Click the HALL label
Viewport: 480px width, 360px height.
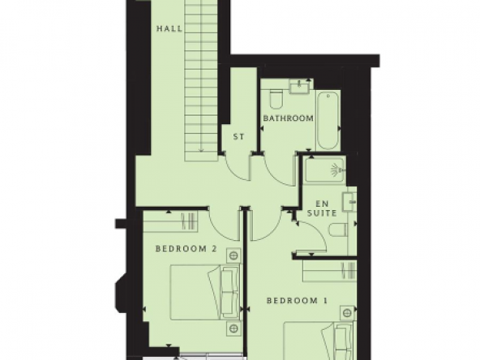point(169,28)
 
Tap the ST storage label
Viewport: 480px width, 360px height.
point(238,137)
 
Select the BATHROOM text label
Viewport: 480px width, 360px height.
point(289,118)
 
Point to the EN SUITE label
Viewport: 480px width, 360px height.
point(322,208)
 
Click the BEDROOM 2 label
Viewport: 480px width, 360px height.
point(186,249)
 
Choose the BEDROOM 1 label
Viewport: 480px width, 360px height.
point(297,301)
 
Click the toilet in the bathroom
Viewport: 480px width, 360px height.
point(276,99)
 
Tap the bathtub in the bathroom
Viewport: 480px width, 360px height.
point(328,121)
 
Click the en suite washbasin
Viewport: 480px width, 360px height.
point(349,202)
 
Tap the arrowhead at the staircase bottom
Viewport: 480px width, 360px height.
point(201,150)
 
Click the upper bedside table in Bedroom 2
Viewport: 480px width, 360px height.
point(234,255)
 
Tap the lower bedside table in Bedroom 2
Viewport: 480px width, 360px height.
point(234,328)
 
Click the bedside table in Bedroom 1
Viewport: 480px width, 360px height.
point(347,312)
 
